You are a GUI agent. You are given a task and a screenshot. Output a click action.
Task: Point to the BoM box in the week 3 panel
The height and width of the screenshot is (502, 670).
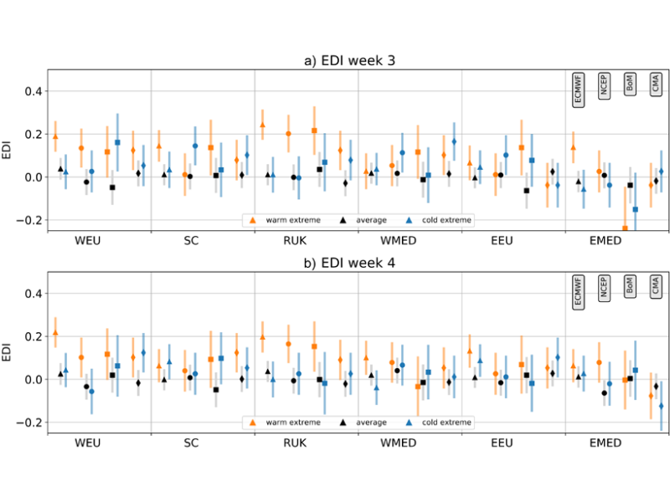[x=630, y=84]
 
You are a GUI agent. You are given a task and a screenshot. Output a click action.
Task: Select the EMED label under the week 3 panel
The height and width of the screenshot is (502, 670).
[x=605, y=242]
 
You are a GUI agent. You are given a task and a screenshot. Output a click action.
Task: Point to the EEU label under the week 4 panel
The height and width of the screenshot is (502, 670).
[x=501, y=443]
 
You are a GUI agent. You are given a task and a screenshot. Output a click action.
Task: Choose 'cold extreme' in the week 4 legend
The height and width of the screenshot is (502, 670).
[x=448, y=423]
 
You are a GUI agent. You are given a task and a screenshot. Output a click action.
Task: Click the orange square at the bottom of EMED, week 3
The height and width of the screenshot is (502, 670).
[x=625, y=228]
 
